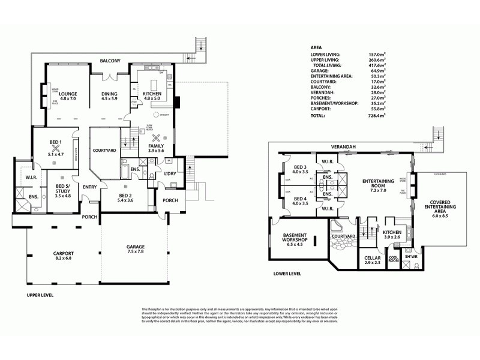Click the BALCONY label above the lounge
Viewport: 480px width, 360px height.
111,61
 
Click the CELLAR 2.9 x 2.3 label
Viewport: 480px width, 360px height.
373,260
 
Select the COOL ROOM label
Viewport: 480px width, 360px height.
394,261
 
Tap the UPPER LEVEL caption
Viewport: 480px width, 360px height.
41,296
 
